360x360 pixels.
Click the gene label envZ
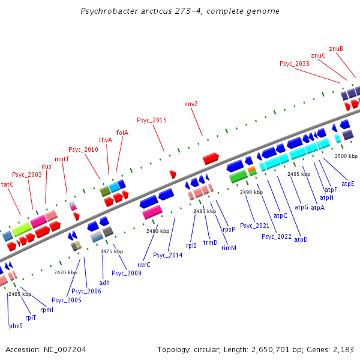pyautogui.click(x=191, y=104)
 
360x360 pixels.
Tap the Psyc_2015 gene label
pyautogui.click(x=152, y=120)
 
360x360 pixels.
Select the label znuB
pyautogui.click(x=336, y=49)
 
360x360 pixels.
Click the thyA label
pyautogui.click(x=106, y=140)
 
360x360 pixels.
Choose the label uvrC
pyautogui.click(x=144, y=265)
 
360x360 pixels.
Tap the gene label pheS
pyautogui.click(x=16, y=326)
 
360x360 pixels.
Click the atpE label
pyautogui.click(x=348, y=184)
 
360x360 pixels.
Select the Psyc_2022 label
pyautogui.click(x=277, y=236)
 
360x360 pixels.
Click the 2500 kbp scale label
pyautogui.click(x=346, y=156)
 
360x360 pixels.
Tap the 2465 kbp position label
pyautogui.click(x=19, y=294)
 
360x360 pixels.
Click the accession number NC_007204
pyautogui.click(x=62, y=349)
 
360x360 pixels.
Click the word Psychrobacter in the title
pyautogui.click(x=106, y=11)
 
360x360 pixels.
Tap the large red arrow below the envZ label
pyautogui.click(x=211, y=158)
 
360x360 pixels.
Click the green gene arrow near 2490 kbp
pyautogui.click(x=238, y=176)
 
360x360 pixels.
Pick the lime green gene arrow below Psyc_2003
pyautogui.click(x=22, y=229)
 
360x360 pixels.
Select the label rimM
pyautogui.click(x=229, y=248)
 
